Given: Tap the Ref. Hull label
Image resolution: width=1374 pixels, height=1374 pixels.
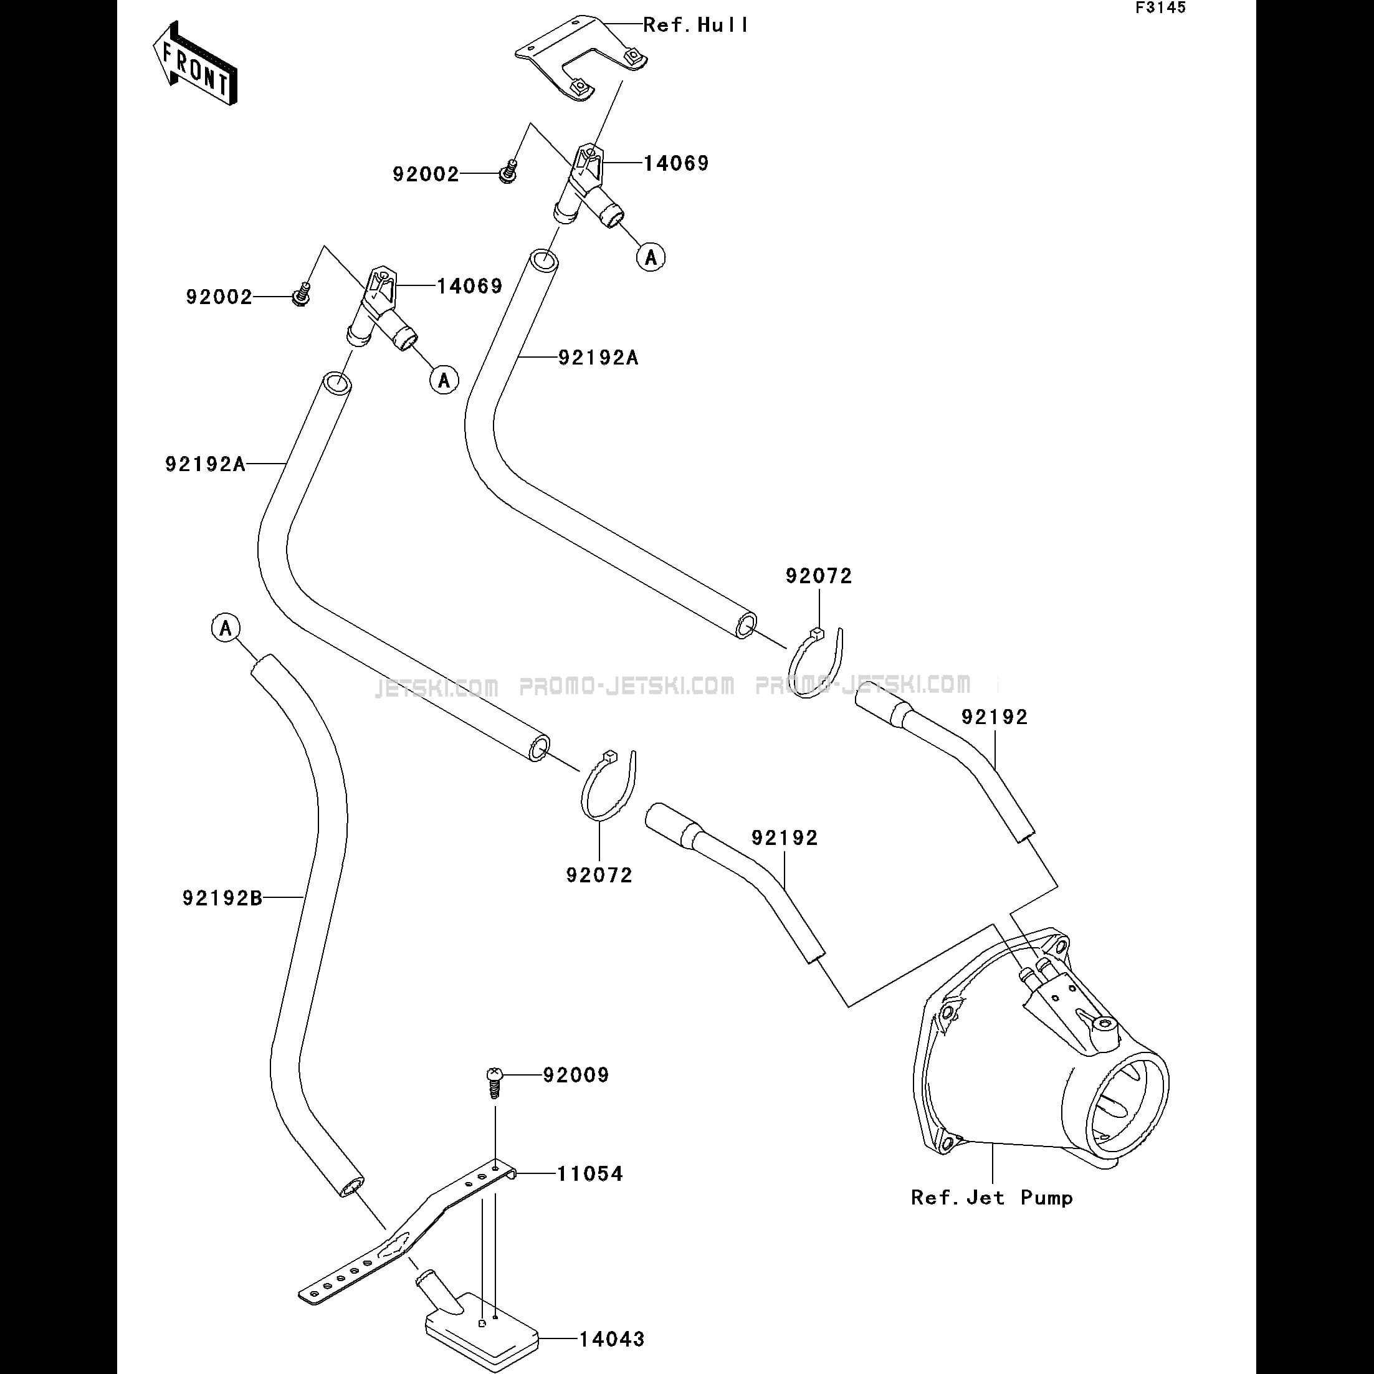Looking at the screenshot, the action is [x=695, y=26].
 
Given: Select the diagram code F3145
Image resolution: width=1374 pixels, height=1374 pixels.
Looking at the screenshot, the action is [x=1161, y=8].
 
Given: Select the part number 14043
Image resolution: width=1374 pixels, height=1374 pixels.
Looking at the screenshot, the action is [x=612, y=1339].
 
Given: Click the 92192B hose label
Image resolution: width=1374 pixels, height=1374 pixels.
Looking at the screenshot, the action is [x=222, y=898].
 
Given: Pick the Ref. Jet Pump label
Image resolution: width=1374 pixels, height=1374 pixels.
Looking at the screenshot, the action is [x=992, y=1198].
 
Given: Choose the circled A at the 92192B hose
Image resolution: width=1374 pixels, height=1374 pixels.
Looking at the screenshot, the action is [x=226, y=628].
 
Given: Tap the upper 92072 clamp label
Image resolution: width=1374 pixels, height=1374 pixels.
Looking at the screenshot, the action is [x=819, y=576].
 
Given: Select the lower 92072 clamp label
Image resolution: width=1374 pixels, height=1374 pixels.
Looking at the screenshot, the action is [x=599, y=875].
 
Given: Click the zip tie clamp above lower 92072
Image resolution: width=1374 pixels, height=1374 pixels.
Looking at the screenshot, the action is [x=609, y=784].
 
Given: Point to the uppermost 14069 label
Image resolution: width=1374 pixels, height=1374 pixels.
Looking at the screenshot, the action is [x=676, y=163].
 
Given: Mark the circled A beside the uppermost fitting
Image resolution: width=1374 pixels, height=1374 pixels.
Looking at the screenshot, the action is [x=651, y=257].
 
